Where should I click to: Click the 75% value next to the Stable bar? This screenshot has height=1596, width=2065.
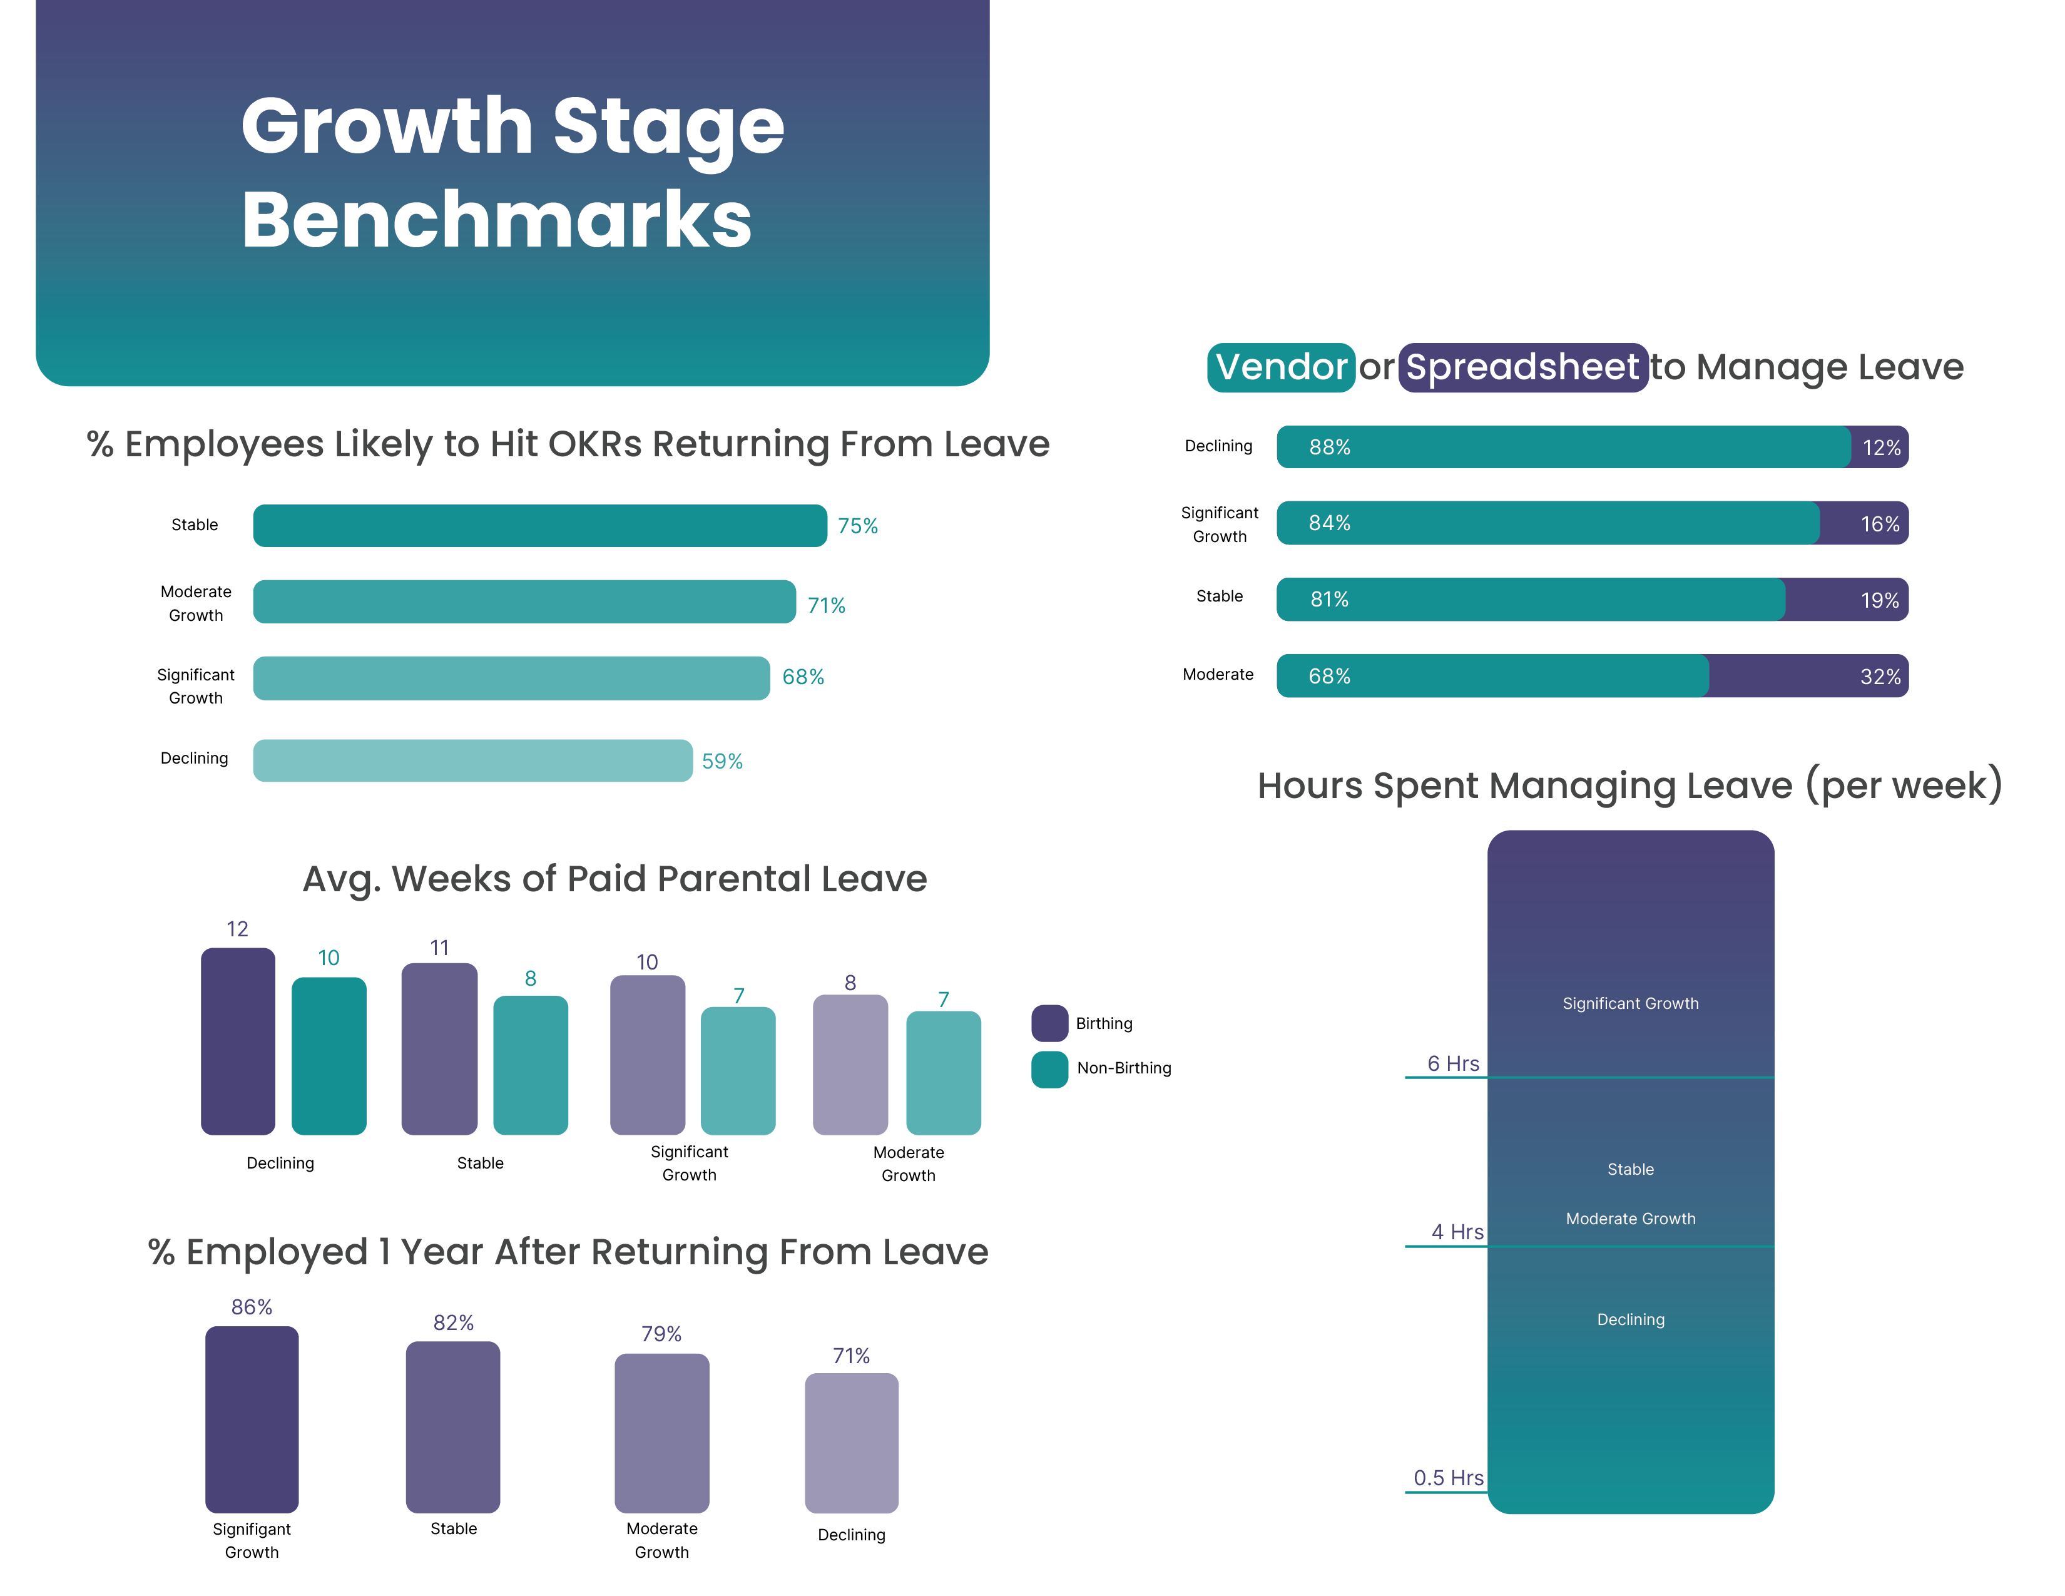(857, 526)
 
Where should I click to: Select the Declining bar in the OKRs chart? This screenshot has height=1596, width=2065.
(472, 760)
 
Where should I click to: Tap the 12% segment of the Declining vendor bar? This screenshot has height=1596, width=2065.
(1880, 448)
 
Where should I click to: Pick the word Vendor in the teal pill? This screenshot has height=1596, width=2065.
(1280, 367)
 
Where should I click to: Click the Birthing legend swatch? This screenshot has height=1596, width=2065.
(1049, 1023)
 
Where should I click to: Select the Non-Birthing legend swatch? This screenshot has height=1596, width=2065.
(1049, 1068)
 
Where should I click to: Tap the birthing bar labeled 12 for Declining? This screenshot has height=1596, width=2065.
(237, 1040)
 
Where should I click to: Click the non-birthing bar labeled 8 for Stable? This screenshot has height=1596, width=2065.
(531, 1065)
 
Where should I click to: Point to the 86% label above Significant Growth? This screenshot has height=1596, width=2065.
(252, 1307)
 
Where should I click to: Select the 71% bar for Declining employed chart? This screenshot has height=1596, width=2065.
(851, 1442)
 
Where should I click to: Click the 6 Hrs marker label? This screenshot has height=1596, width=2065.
(1452, 1063)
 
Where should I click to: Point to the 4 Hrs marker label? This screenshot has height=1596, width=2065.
(1456, 1232)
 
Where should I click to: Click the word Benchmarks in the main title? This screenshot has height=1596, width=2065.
(496, 220)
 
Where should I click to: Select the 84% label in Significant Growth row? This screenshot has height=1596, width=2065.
(1328, 523)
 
